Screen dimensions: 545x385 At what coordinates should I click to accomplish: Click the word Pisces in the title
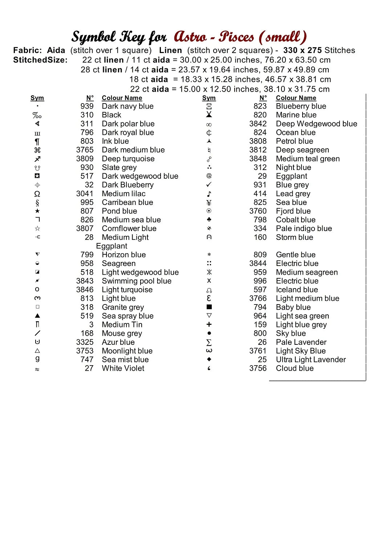click(x=236, y=37)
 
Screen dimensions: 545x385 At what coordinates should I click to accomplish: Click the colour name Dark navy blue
click(x=127, y=106)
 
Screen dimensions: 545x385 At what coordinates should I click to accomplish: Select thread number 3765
click(x=85, y=150)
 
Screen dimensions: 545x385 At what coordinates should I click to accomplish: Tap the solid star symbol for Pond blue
click(x=37, y=211)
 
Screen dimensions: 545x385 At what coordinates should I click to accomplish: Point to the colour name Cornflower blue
click(x=129, y=229)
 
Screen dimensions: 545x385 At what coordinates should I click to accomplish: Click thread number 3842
click(x=258, y=124)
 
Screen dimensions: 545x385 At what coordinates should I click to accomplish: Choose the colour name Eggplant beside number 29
click(x=291, y=176)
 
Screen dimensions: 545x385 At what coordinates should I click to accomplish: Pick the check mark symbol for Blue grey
click(x=209, y=185)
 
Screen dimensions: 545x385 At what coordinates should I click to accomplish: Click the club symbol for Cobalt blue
click(x=209, y=219)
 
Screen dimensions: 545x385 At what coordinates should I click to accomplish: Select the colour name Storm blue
click(x=294, y=237)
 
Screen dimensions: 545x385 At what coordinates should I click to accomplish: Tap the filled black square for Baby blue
click(x=209, y=307)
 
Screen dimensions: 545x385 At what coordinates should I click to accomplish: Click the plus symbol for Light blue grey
click(x=209, y=324)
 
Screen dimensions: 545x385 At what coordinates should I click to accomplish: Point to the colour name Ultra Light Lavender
click(x=311, y=360)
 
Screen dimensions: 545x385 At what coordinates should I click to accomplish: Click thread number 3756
click(x=258, y=368)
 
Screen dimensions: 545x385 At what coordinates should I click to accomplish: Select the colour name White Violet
click(x=123, y=368)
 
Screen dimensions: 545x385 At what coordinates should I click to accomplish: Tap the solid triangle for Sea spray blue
click(x=37, y=316)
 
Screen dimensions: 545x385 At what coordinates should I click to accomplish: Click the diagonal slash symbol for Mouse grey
click(x=37, y=333)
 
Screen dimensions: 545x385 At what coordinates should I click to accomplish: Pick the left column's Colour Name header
click(x=122, y=98)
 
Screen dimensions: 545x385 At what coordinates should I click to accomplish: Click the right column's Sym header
click(x=209, y=98)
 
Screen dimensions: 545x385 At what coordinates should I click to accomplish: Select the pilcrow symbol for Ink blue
click(x=37, y=142)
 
